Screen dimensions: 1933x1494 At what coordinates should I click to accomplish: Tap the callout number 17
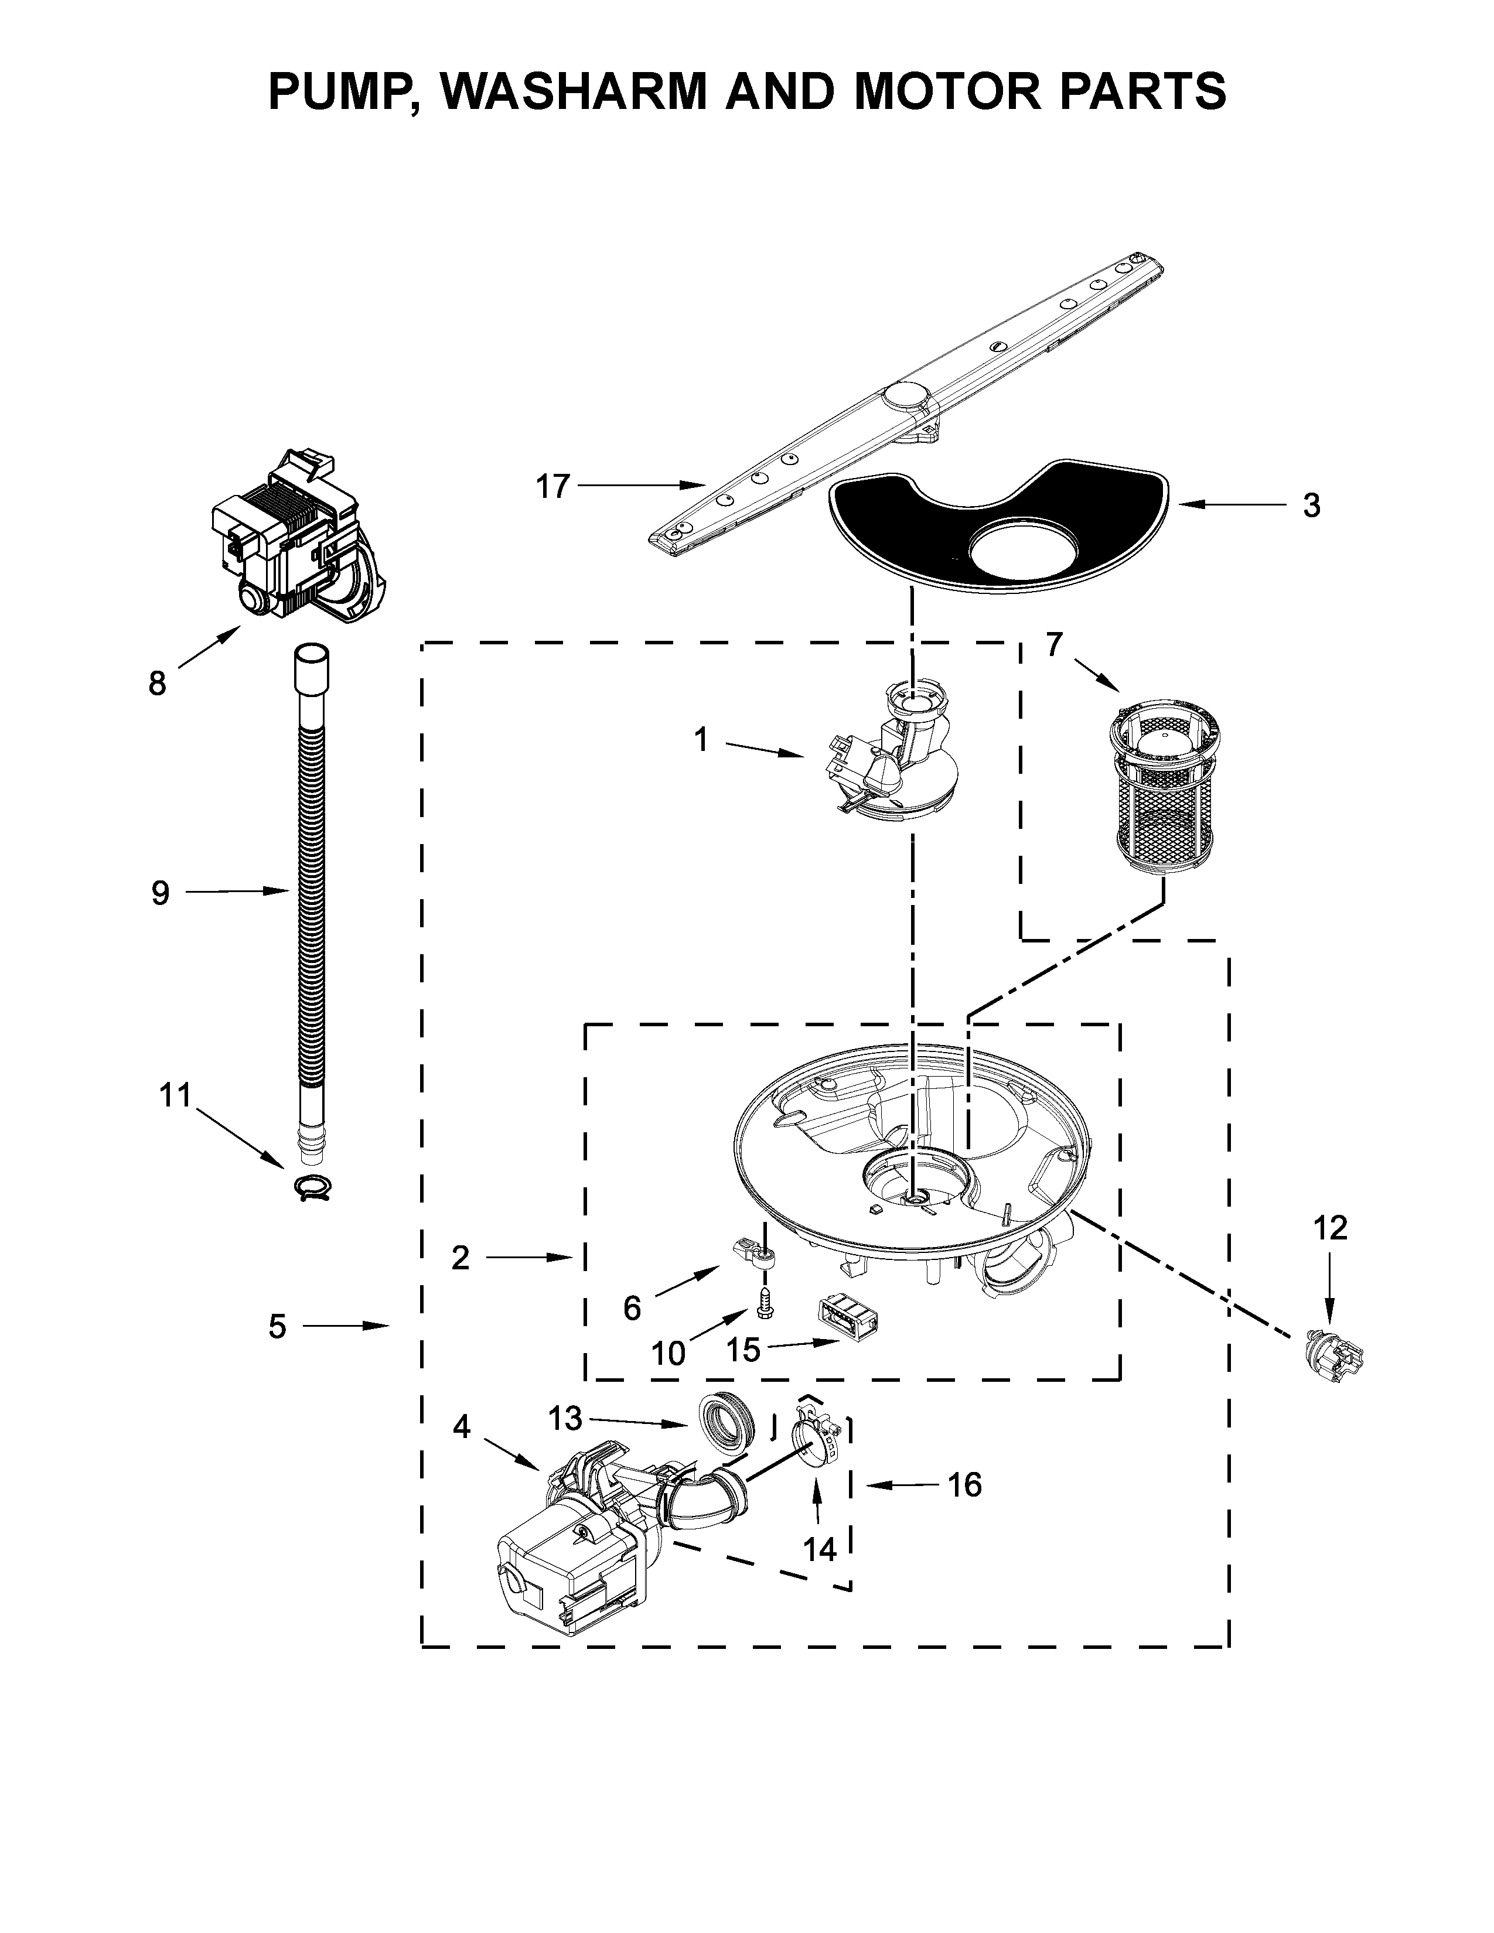click(553, 486)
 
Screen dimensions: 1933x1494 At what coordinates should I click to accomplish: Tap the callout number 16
click(965, 1484)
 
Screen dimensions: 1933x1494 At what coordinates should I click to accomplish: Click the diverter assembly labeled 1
click(894, 761)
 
